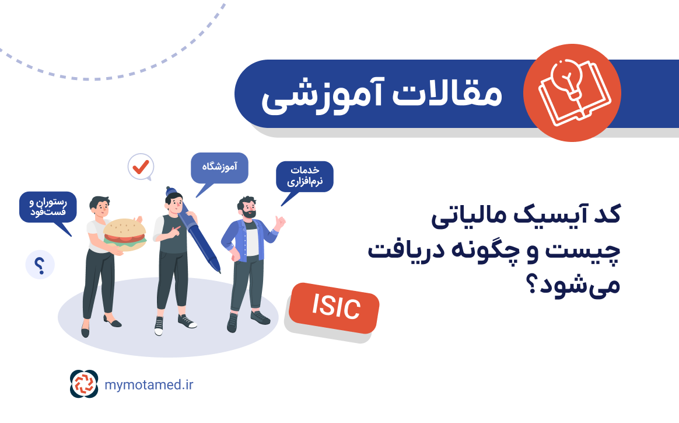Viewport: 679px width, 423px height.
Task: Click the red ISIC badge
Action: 334,307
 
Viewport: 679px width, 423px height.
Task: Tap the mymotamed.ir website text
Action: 149,384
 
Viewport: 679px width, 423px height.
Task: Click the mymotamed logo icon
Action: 84,383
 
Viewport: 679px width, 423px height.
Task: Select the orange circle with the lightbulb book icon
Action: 572,93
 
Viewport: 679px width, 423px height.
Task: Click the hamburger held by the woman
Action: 125,234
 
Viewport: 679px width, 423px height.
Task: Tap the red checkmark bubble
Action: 141,167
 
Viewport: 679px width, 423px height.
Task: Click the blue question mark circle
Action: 40,265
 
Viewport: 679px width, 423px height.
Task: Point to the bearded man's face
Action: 249,210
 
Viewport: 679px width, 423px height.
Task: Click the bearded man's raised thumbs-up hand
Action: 280,222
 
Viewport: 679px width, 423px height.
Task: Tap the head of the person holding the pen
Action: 174,203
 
